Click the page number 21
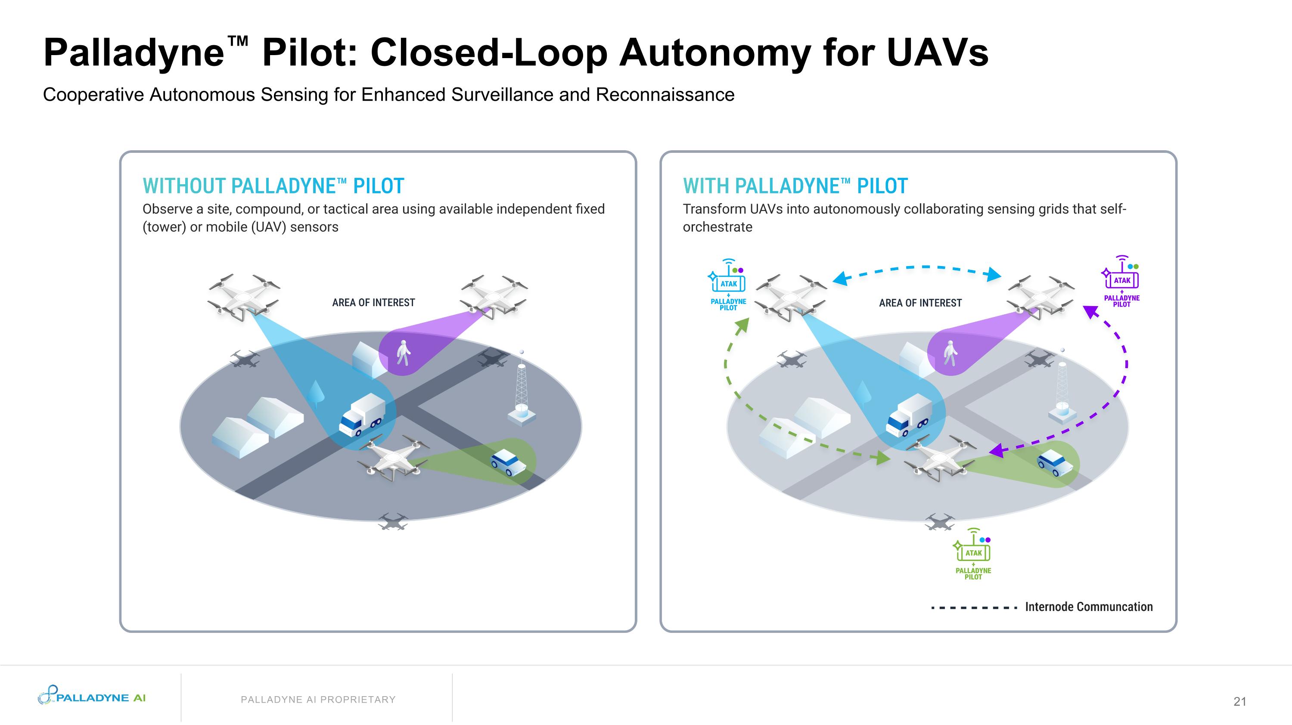[1240, 701]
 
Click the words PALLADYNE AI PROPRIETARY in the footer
[318, 700]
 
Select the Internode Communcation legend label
[1088, 607]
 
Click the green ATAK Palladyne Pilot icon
[973, 555]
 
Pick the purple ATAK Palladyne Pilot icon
[1121, 281]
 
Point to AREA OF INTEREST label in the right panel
[920, 303]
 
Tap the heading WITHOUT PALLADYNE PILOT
[273, 186]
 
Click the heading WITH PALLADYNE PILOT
[795, 186]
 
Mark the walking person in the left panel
[403, 353]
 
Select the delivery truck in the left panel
[362, 414]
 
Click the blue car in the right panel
[1052, 462]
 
